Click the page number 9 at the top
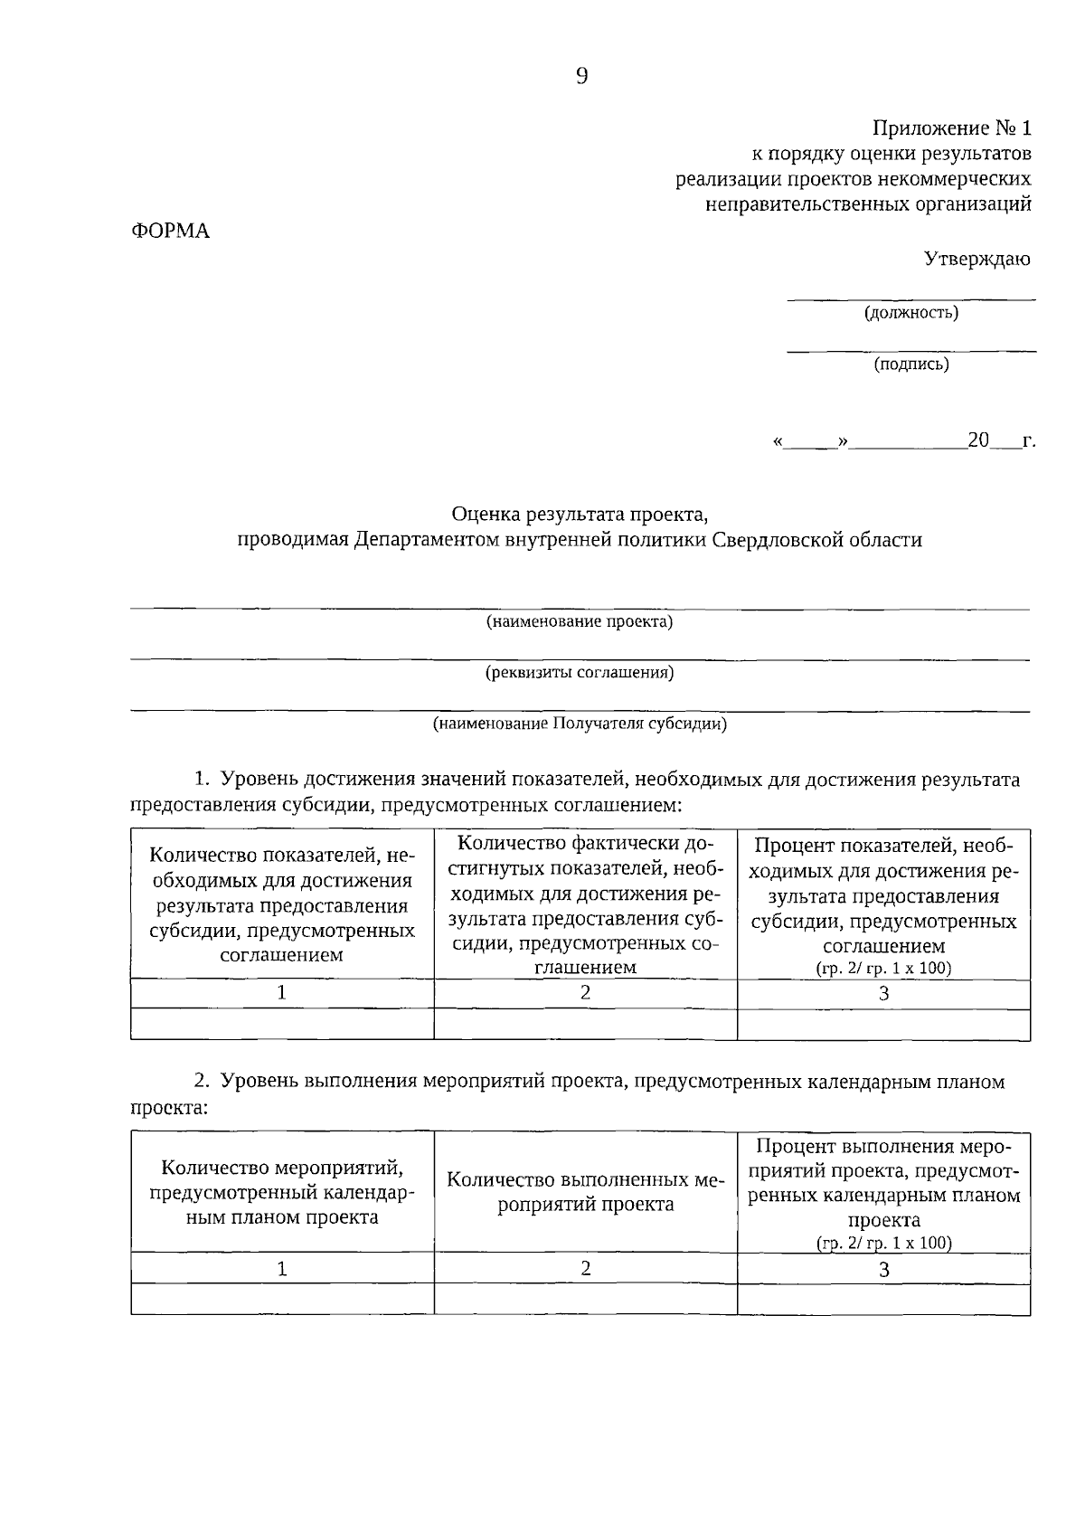click(581, 76)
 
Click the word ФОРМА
click(171, 232)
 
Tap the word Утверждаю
click(976, 260)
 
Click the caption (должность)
click(910, 313)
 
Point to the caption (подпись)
click(910, 364)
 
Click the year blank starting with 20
click(991, 441)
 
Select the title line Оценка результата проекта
click(580, 515)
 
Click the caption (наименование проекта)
click(580, 622)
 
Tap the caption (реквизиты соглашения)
click(580, 673)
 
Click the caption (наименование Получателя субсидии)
click(580, 724)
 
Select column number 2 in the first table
click(586, 992)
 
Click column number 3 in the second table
click(884, 1269)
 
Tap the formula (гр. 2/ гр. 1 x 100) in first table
click(884, 968)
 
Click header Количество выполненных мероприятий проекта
click(586, 1192)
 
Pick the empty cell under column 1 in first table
click(282, 1024)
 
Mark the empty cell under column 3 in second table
click(884, 1300)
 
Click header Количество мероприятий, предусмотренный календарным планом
click(282, 1192)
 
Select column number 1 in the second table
click(282, 1269)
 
